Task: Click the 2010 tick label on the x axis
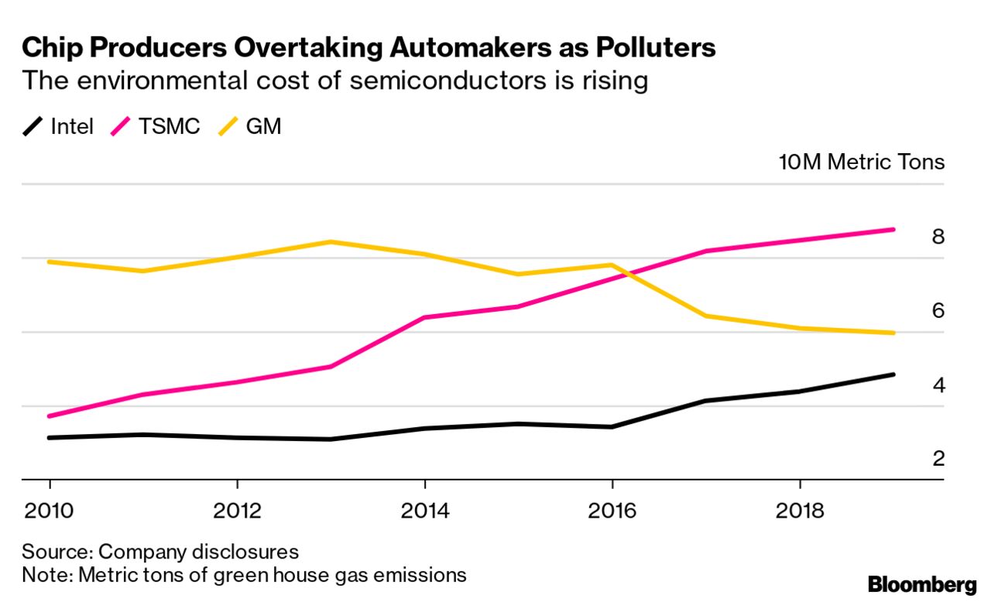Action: (50, 511)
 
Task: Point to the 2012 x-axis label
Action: (237, 511)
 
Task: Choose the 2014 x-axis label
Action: (424, 511)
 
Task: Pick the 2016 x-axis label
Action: (612, 511)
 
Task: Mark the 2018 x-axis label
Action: (799, 511)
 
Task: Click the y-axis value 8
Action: (938, 237)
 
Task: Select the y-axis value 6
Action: (938, 311)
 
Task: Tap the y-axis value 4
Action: (938, 385)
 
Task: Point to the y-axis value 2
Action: (938, 459)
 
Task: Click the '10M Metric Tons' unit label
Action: (862, 162)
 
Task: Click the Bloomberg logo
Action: (922, 584)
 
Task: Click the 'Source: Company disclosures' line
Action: (160, 552)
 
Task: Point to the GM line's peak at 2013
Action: (331, 242)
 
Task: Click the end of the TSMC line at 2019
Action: (893, 230)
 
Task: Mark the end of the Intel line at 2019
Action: (893, 374)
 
